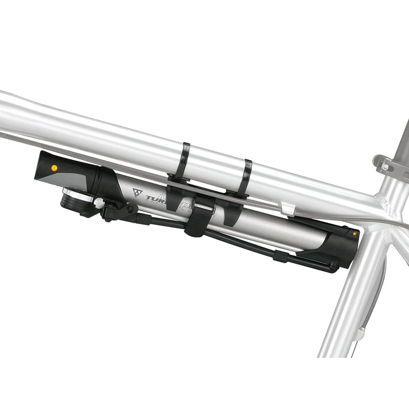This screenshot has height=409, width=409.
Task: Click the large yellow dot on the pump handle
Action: pyautogui.click(x=54, y=167)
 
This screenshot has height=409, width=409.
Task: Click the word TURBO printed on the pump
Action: pyautogui.click(x=156, y=199)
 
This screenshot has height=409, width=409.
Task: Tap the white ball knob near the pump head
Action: pyautogui.click(x=99, y=203)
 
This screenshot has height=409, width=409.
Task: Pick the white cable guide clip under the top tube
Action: pyautogui.click(x=288, y=208)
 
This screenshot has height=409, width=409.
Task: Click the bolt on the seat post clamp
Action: pyautogui.click(x=384, y=167)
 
